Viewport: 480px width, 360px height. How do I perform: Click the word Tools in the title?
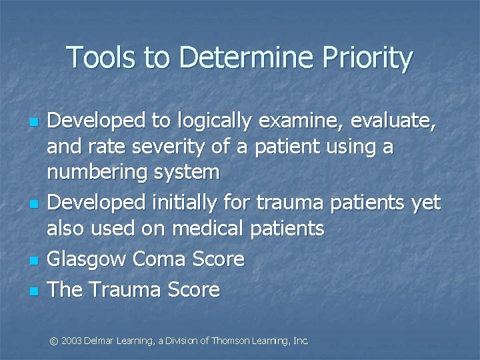click(97, 58)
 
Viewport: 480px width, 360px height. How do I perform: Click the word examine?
click(309, 122)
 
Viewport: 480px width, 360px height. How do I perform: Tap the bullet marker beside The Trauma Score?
click(33, 291)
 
